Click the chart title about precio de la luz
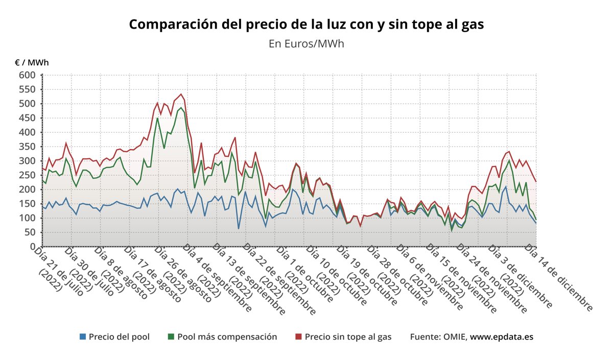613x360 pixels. pos(306,25)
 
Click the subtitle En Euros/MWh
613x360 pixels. pos(306,43)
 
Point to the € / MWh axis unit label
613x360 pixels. pos(32,63)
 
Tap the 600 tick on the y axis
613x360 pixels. pos(28,76)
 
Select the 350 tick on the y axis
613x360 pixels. pos(28,147)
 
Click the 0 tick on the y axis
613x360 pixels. pos(32,247)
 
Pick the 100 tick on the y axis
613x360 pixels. pos(28,218)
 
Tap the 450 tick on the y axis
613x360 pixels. pos(28,118)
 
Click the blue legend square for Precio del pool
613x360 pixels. pos(83,337)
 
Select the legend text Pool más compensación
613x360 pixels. pos(227,337)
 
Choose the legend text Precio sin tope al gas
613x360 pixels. pos(348,337)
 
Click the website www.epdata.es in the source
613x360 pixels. pos(502,337)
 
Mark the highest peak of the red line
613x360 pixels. pos(181,94)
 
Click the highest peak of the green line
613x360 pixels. pos(181,108)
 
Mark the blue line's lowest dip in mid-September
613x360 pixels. pos(239,228)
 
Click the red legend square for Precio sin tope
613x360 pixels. pos(299,337)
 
